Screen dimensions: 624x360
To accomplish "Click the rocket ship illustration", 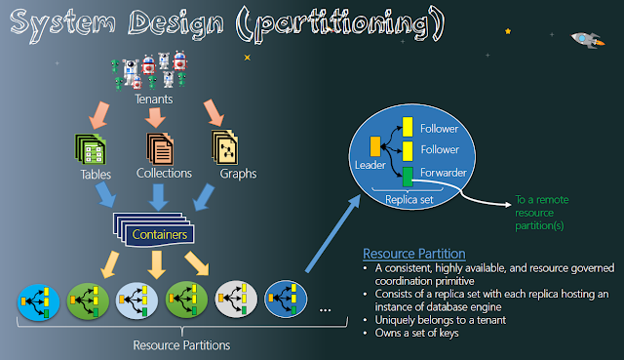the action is click(x=587, y=40).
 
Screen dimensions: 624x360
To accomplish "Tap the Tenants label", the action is click(x=154, y=100).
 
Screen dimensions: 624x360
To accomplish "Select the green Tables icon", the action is click(x=91, y=149).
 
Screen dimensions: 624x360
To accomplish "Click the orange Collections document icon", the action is click(x=160, y=149).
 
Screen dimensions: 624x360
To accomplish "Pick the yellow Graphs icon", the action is click(x=225, y=147).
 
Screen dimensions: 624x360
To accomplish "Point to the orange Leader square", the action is click(x=374, y=146).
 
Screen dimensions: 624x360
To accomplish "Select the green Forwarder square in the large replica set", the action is click(x=408, y=177).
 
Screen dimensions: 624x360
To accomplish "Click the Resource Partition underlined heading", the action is click(x=413, y=254).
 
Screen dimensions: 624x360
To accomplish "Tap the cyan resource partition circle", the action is click(x=38, y=301).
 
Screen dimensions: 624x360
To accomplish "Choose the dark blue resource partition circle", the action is click(x=286, y=299).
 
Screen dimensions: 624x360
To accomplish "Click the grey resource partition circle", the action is click(x=236, y=299).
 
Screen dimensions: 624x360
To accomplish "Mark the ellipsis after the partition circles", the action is click(x=325, y=310).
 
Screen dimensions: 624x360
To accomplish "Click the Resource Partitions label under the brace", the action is click(x=181, y=345).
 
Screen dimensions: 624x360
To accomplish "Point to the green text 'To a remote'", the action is click(x=542, y=200).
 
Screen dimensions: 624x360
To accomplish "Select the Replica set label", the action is click(x=409, y=200).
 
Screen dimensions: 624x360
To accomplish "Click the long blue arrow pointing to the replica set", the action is click(x=333, y=234).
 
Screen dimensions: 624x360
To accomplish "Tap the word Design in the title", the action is click(x=175, y=23).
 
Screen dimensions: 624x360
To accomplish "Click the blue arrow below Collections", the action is click(x=158, y=197).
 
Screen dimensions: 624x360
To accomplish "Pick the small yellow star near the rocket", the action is click(x=508, y=31).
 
